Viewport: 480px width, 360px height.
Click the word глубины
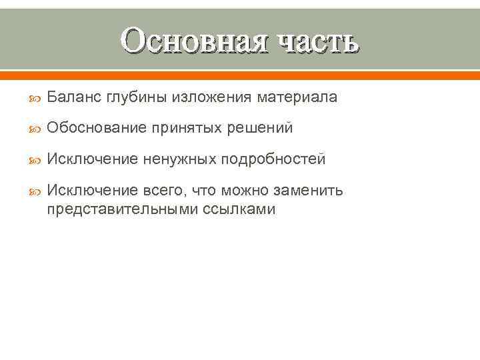[x=137, y=97]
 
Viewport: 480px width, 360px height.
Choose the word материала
[x=297, y=97]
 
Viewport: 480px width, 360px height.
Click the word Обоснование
[x=91, y=129]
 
